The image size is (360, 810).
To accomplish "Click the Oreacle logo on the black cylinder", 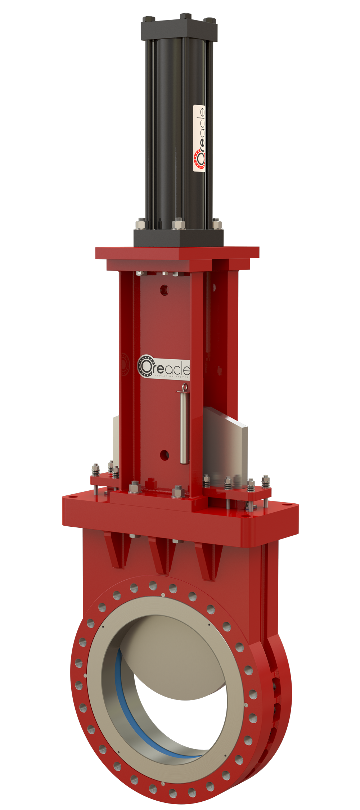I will coord(199,139).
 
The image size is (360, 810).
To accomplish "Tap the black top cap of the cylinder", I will coord(179,29).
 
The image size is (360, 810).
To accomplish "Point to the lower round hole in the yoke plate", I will coord(165,455).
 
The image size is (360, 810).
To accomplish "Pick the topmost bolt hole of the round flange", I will coord(153,585).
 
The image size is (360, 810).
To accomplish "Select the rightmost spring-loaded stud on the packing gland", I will coord(266,482).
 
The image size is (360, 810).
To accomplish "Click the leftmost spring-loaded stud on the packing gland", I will coord(95,470).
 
